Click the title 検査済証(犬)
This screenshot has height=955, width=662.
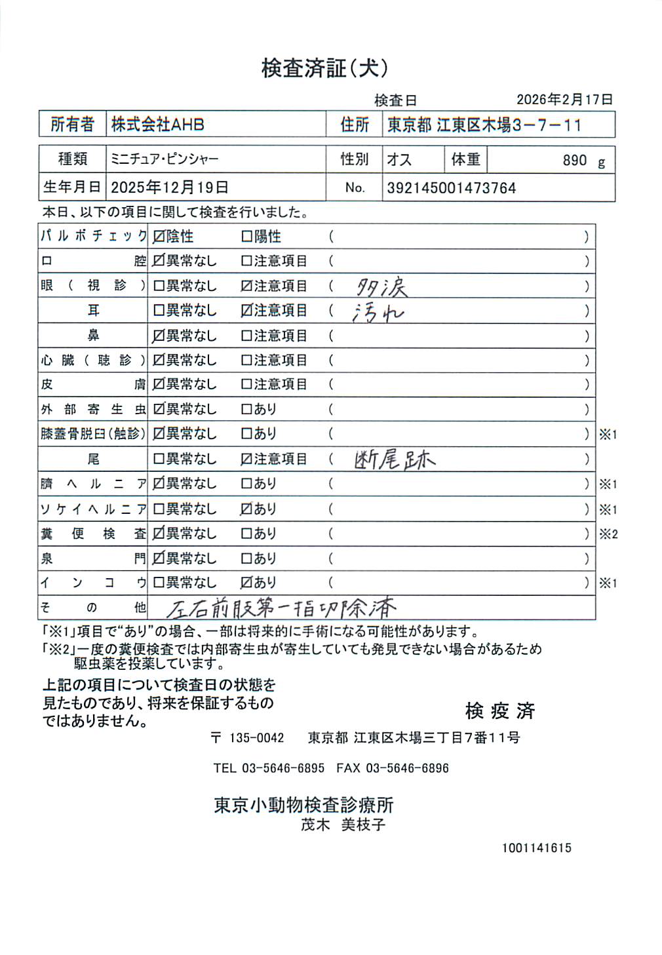[x=325, y=68]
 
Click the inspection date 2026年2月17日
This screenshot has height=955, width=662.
[x=564, y=100]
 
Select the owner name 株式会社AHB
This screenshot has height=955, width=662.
[x=157, y=124]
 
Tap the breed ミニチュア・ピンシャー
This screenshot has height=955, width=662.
[x=165, y=159]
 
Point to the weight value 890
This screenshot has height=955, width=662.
[x=574, y=161]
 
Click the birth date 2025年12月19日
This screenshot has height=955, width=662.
[x=169, y=187]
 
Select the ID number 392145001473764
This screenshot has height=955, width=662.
[x=451, y=188]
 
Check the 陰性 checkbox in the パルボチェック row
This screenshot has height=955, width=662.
[x=159, y=237]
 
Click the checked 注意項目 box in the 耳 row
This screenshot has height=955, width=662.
[x=246, y=311]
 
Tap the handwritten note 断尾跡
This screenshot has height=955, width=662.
[x=395, y=460]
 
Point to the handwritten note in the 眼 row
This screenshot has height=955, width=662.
[x=382, y=286]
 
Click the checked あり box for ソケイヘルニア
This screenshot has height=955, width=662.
[x=246, y=509]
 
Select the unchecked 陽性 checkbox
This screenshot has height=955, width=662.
[x=246, y=237]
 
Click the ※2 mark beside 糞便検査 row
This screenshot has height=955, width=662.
[x=608, y=534]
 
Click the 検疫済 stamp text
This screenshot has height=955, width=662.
[x=500, y=711]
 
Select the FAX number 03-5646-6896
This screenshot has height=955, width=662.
[x=407, y=768]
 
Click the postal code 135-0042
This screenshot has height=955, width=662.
[x=256, y=738]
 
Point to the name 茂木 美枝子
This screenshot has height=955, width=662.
[x=343, y=825]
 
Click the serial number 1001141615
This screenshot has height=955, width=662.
[x=537, y=848]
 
